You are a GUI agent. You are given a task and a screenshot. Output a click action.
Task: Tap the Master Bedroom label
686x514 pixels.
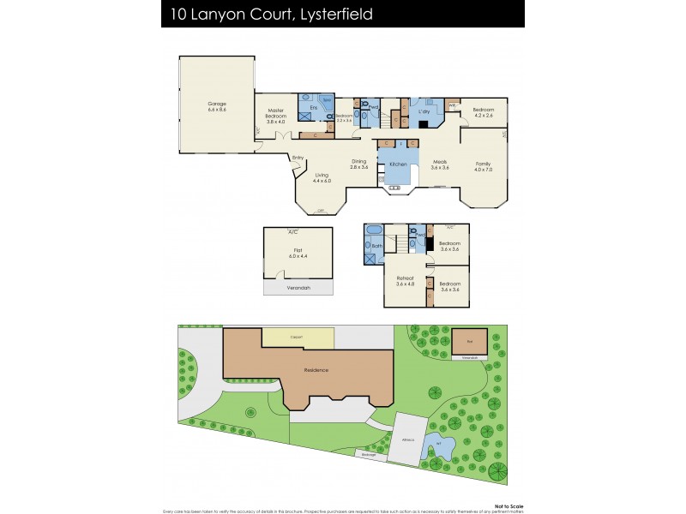pyautogui.click(x=275, y=116)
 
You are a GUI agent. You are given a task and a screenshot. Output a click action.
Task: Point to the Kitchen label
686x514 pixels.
pyautogui.click(x=397, y=164)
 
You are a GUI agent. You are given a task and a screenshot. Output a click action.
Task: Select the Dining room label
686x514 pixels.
pyautogui.click(x=358, y=164)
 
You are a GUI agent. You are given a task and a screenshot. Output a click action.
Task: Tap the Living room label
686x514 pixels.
pyautogui.click(x=321, y=177)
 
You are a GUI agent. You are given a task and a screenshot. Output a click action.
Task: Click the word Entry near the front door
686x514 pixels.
pyautogui.click(x=298, y=158)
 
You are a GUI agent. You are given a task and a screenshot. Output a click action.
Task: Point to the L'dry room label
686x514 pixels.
pyautogui.click(x=423, y=112)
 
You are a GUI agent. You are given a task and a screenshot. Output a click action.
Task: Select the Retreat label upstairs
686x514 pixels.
pyautogui.click(x=405, y=280)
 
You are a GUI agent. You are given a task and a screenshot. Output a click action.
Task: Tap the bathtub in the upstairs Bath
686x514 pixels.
pyautogui.click(x=375, y=231)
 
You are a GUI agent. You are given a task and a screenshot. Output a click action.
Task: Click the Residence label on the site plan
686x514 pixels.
pyautogui.click(x=316, y=370)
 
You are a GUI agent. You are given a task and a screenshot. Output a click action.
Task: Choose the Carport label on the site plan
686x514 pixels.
pyautogui.click(x=298, y=338)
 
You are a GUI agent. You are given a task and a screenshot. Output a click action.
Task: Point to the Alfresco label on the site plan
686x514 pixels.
pyautogui.click(x=407, y=439)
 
